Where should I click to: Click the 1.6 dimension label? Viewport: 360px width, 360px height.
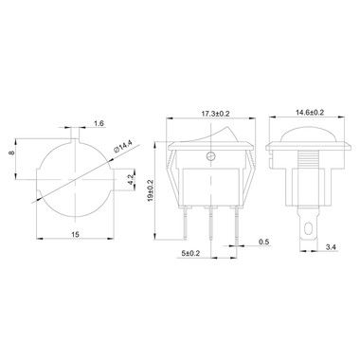[x=99, y=123]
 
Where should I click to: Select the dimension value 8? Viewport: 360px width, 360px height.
[x=12, y=153]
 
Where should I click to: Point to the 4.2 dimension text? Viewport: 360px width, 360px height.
[x=131, y=180]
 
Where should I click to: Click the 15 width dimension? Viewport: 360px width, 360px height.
[x=75, y=234]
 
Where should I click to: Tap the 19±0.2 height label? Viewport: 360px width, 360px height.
[x=151, y=190]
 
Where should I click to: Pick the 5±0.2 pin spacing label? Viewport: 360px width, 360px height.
[x=190, y=253]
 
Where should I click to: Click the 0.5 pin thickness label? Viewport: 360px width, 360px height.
[x=263, y=242]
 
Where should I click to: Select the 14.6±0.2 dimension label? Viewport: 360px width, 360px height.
[x=310, y=112]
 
